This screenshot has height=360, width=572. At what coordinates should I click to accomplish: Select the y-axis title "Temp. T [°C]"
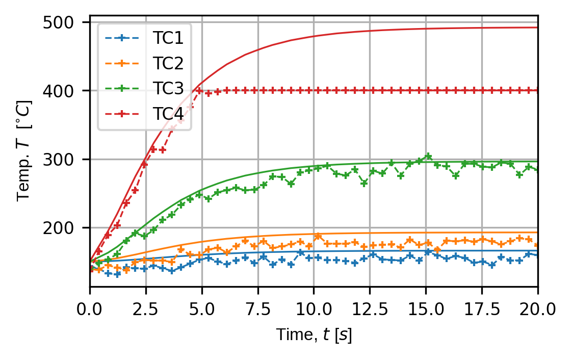[25, 151]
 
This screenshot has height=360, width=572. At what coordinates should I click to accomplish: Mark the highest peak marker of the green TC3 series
[428, 156]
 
